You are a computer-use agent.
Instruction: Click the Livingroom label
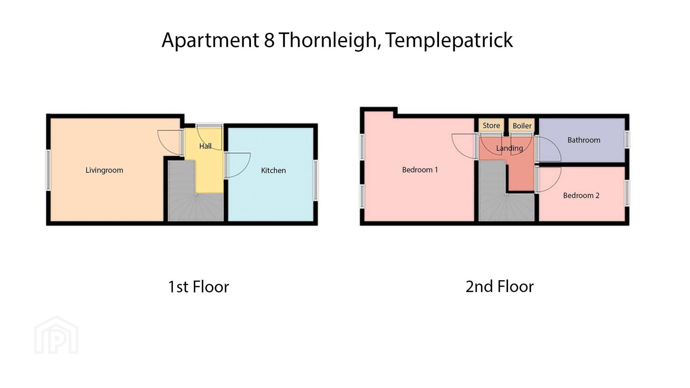pyautogui.click(x=104, y=170)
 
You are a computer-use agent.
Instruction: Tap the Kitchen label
pyautogui.click(x=273, y=170)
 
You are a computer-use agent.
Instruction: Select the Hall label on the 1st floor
pyautogui.click(x=205, y=146)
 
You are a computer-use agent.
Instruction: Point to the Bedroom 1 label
pyautogui.click(x=420, y=170)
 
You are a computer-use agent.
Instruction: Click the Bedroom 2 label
pyautogui.click(x=581, y=195)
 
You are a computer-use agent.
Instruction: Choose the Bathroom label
pyautogui.click(x=584, y=140)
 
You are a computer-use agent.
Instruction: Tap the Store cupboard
pyautogui.click(x=491, y=125)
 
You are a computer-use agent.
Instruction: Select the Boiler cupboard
pyautogui.click(x=522, y=125)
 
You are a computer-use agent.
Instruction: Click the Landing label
pyautogui.click(x=509, y=148)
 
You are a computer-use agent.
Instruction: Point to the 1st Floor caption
pyautogui.click(x=198, y=287)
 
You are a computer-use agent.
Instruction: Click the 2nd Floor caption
pyautogui.click(x=499, y=286)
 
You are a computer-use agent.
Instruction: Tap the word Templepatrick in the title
pyautogui.click(x=449, y=40)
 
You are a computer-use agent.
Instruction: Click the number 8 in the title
pyautogui.click(x=269, y=40)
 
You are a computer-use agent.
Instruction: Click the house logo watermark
pyautogui.click(x=56, y=335)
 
